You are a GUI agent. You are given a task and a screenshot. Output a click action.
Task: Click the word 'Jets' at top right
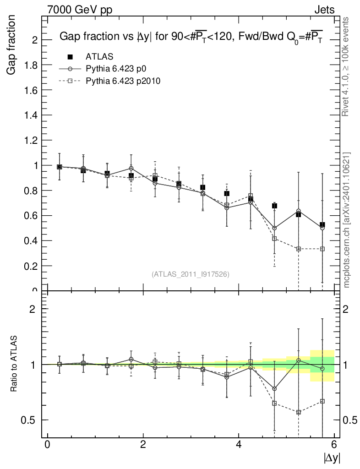(324, 10)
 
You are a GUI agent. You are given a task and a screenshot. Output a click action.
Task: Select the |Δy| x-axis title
(332, 457)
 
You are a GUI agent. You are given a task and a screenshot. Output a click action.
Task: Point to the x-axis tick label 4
(239, 445)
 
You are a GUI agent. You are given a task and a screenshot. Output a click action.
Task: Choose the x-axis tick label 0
(47, 445)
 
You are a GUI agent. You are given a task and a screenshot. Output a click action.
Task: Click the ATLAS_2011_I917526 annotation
(190, 274)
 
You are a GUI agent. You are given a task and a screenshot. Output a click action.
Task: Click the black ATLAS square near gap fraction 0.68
(274, 206)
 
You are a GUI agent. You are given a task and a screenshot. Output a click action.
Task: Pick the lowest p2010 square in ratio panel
(299, 412)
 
